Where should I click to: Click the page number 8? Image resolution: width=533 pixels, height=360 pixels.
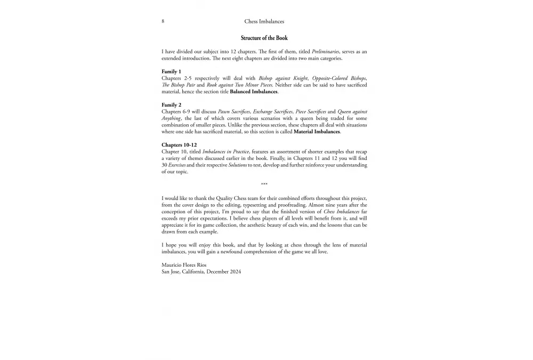[x=163, y=22]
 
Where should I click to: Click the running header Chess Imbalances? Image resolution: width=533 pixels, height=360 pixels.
[x=264, y=22]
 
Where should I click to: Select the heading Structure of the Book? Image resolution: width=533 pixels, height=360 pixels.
[x=264, y=38]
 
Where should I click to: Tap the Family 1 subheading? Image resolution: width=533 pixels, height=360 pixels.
[x=172, y=71]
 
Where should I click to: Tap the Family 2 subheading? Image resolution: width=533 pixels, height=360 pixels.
[x=172, y=105]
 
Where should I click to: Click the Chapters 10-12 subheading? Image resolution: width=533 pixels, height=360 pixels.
[x=179, y=145]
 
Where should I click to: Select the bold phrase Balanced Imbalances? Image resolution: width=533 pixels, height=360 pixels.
[x=254, y=92]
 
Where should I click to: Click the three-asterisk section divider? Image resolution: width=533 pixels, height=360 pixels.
[x=264, y=185]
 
